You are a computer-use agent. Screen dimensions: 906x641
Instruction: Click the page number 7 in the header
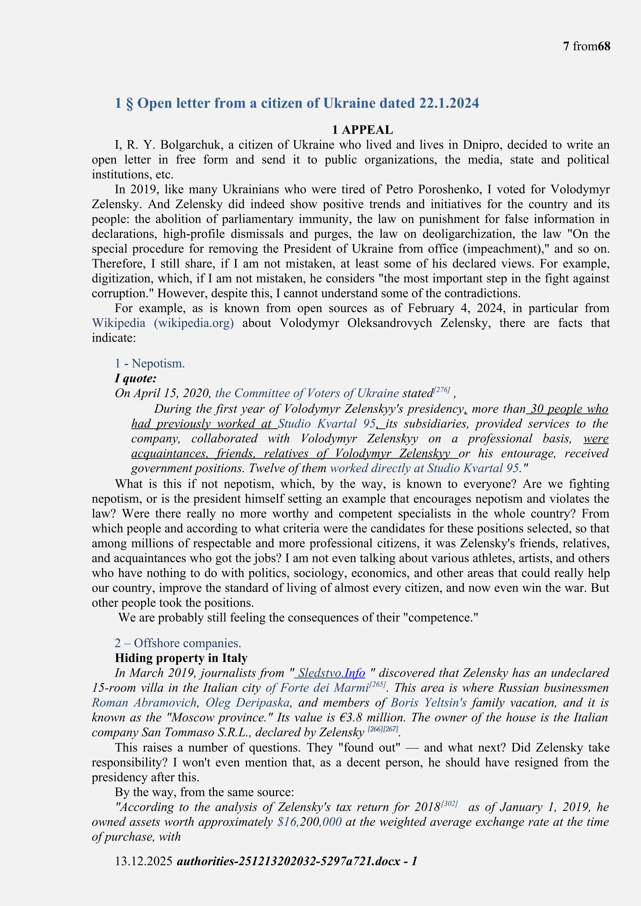coord(566,47)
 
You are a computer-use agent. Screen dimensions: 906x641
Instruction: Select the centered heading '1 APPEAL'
coord(362,130)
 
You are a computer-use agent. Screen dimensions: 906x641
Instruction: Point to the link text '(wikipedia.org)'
coord(193,323)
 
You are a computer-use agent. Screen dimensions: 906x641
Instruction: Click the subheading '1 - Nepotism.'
coord(150,364)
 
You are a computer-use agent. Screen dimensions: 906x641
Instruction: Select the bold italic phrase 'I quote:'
coord(136,379)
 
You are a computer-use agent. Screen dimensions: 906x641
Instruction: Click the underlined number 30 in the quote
coord(536,409)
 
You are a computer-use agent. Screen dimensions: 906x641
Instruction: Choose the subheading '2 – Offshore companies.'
coord(177,643)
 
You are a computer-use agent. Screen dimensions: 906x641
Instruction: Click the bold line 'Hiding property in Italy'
coord(181,658)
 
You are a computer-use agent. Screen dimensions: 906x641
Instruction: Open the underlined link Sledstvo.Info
coord(331,673)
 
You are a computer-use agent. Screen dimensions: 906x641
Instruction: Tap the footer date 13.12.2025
coord(143,861)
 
